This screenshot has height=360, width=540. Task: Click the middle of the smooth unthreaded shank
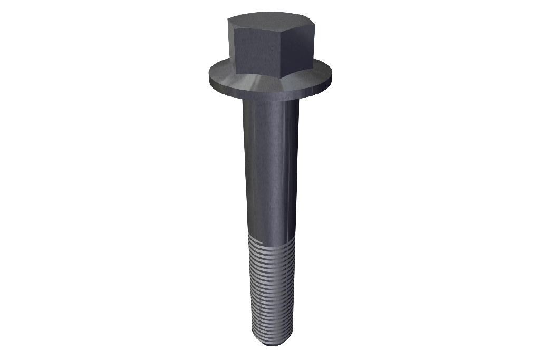[x=271, y=169]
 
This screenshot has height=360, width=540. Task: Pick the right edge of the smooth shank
[x=297, y=169]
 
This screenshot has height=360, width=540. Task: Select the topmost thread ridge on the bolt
[x=271, y=238]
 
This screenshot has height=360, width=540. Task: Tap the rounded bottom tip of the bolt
[x=271, y=345]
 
